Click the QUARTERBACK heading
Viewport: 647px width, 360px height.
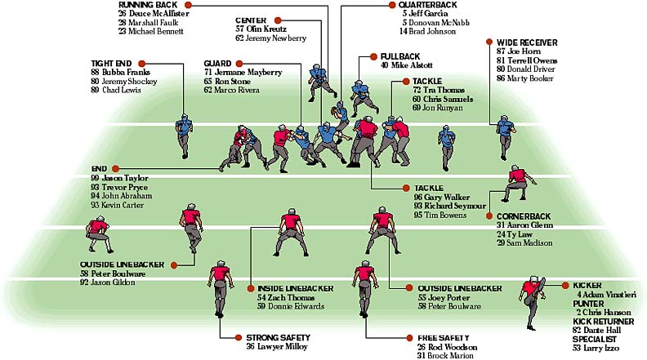point(427,5)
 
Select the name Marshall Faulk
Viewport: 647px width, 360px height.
point(153,22)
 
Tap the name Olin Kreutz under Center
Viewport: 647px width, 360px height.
point(266,29)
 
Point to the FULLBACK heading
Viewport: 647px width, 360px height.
point(399,56)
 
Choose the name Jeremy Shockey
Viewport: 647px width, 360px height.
point(130,82)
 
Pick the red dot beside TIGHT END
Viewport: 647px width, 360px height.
point(141,64)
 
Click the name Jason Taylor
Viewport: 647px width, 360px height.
point(125,178)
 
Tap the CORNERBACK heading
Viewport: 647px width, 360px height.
point(523,216)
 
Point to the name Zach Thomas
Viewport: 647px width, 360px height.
point(292,297)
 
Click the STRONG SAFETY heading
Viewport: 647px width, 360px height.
point(278,338)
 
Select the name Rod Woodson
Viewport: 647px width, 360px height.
point(453,347)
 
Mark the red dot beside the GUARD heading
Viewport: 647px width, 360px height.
point(239,64)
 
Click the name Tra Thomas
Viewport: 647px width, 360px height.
point(444,90)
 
